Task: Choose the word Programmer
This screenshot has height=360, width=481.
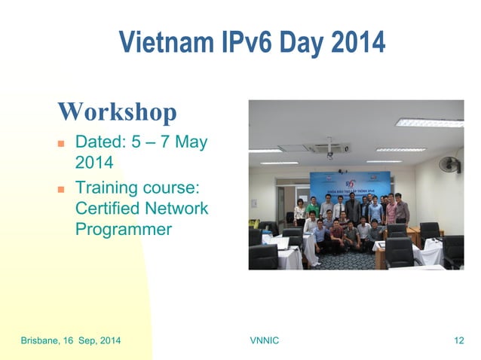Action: coord(124,230)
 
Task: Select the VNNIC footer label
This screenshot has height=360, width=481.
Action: coord(264,341)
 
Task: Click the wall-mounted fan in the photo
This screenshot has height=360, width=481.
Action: coord(450,164)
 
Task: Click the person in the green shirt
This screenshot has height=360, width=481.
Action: coord(312,206)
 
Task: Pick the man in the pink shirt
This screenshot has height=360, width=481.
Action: coord(391,211)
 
